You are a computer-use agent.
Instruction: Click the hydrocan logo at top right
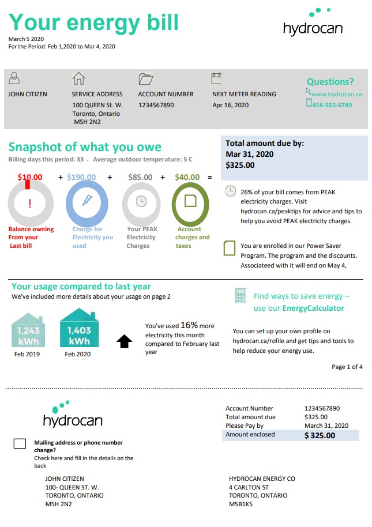[x=313, y=24]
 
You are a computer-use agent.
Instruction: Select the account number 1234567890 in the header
[x=156, y=106]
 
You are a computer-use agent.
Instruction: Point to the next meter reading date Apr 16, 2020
[x=230, y=106]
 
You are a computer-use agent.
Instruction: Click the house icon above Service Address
[x=78, y=79]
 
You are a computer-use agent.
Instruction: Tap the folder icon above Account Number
[x=145, y=79]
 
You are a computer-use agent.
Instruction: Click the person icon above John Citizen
[x=16, y=78]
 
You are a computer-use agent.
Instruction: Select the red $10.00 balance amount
[x=30, y=178]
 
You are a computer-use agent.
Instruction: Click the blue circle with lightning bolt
[x=87, y=201]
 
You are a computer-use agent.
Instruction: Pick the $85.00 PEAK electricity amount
[x=140, y=178]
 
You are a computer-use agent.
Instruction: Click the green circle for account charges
[x=191, y=201]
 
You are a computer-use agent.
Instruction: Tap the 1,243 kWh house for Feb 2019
[x=28, y=330]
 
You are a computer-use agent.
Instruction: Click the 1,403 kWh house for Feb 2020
[x=79, y=329]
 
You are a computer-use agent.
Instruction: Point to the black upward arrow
[x=124, y=342]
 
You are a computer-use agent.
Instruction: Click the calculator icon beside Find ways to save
[x=241, y=296]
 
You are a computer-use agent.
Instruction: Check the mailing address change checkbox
[x=20, y=443]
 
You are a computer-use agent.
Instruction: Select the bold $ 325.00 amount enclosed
[x=320, y=435]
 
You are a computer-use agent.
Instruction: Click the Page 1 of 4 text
[x=347, y=367]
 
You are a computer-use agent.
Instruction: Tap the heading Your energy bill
[x=93, y=22]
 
